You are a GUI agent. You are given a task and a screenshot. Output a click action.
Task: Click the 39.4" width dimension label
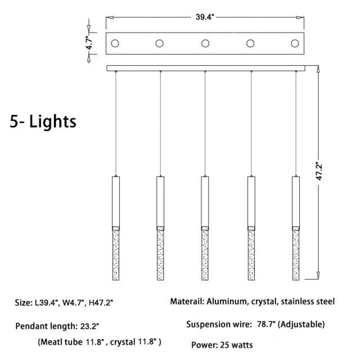pos(205,17)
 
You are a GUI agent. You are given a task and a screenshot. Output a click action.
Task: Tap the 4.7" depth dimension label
pos(89,43)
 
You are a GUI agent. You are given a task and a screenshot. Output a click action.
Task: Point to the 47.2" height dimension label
pos(319,171)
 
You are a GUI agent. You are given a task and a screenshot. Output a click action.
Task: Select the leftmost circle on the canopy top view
pos(115,43)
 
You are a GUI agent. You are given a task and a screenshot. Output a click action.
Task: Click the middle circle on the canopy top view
pos(205,43)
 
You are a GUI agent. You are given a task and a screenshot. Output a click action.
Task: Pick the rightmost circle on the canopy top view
pos(295,43)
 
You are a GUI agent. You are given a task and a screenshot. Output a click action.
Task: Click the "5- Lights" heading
pos(43,121)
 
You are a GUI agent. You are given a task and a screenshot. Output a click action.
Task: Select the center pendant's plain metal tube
pos(205,201)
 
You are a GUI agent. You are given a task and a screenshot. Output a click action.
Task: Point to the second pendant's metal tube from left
pos(160,201)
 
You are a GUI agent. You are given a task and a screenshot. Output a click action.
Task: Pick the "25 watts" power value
pos(236,345)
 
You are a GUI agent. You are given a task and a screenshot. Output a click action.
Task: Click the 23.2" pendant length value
pos(89,326)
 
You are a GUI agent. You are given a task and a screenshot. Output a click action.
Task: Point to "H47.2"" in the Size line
pos(101,303)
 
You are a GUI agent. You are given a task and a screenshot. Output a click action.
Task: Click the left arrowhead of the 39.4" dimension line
pos(110,17)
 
